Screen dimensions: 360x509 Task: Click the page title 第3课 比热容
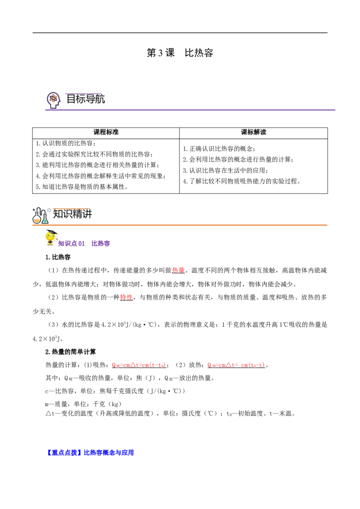pos(180,53)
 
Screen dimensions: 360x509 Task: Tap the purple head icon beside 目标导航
pos(54,100)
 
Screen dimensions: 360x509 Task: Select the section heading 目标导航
pos(85,99)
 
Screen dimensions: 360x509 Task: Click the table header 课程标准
pos(106,132)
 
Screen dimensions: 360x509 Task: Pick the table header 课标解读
pos(253,132)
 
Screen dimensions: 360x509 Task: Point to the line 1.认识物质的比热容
pos(66,143)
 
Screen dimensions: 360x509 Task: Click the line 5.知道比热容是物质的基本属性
pos(82,187)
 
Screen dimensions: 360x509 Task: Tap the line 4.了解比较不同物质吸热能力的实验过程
pos(241,181)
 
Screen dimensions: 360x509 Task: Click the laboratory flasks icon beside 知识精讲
pos(40,215)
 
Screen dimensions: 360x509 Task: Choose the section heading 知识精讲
pos(72,214)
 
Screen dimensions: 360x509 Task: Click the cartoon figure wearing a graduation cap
pos(51,238)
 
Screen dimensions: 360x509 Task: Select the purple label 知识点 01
pos(71,243)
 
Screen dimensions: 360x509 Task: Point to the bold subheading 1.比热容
pos(58,257)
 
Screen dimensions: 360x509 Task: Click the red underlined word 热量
pos(178,270)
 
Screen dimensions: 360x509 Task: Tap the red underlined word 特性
pos(126,297)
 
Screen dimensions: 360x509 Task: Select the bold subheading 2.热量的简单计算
pos(71,352)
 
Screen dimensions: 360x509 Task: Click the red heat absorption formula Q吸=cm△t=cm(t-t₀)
pos(139,365)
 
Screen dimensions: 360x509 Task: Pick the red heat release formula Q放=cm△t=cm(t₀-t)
pos(236,365)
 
